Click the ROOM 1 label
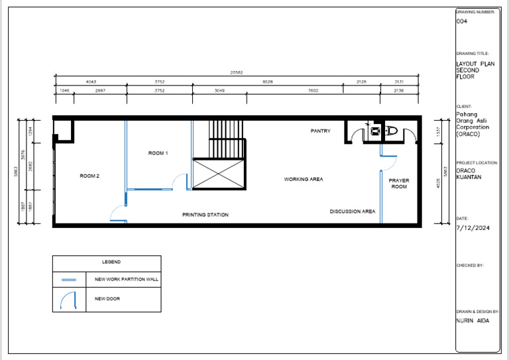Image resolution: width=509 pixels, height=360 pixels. click(158, 153)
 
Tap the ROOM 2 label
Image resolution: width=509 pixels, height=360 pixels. click(89, 176)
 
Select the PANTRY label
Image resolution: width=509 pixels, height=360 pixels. click(320, 131)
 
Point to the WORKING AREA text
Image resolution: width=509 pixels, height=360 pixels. click(304, 179)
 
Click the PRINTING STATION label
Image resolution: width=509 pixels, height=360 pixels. click(205, 215)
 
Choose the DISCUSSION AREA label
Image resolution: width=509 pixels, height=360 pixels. click(353, 211)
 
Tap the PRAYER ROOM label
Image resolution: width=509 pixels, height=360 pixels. click(398, 184)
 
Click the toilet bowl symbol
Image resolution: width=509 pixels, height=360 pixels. click(390, 131)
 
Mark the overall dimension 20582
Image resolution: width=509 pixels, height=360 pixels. click(237, 72)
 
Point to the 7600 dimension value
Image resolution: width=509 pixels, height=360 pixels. click(313, 90)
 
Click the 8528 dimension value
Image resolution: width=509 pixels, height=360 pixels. click(268, 82)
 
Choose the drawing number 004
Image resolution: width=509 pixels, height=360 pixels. click(461, 21)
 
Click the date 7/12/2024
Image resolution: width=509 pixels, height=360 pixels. click(472, 227)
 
